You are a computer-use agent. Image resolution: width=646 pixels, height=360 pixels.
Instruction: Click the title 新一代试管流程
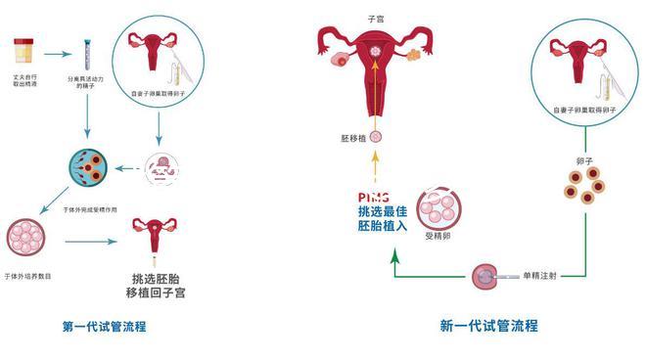[x=488, y=326]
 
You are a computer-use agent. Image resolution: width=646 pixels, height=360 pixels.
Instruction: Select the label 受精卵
[x=437, y=237]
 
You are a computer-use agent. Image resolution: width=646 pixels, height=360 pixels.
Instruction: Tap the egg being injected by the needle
[x=484, y=277]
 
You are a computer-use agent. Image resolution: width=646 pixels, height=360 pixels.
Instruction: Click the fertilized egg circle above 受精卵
[x=437, y=208]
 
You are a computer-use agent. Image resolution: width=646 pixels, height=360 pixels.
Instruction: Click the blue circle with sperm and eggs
[x=86, y=169]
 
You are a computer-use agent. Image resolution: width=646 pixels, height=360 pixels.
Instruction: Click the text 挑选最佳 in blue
[x=379, y=211]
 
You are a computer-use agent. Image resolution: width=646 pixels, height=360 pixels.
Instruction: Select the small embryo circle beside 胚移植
[x=373, y=140]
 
